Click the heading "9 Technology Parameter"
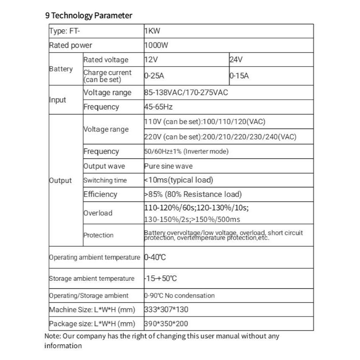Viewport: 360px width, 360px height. coord(89,16)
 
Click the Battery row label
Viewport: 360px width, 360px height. coord(61,69)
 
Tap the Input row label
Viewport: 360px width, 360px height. coord(58,100)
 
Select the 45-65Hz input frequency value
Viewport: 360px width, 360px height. coord(158,107)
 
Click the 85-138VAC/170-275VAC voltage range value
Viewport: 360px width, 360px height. coord(186,92)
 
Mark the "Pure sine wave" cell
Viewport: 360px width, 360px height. coord(168,166)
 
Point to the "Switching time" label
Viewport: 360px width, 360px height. coord(105,180)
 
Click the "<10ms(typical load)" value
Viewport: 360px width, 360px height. coord(179,180)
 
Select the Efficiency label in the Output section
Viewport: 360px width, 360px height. coord(100,194)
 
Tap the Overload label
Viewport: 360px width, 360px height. coord(98,213)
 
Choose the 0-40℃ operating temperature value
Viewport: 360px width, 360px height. coord(155,257)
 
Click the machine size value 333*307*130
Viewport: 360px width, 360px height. coord(166,309)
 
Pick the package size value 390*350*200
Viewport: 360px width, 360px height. coord(166,324)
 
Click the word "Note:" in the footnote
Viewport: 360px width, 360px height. coord(53,336)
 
